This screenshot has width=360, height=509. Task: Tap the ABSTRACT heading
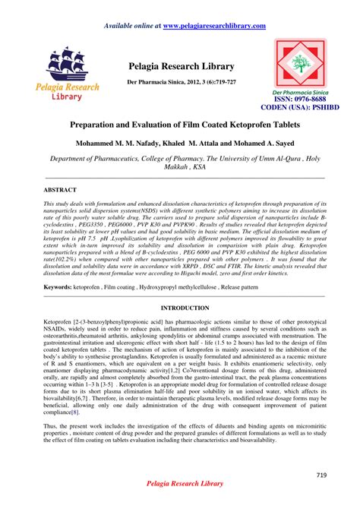coord(60,188)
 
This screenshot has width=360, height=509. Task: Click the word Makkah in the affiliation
coord(169,169)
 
